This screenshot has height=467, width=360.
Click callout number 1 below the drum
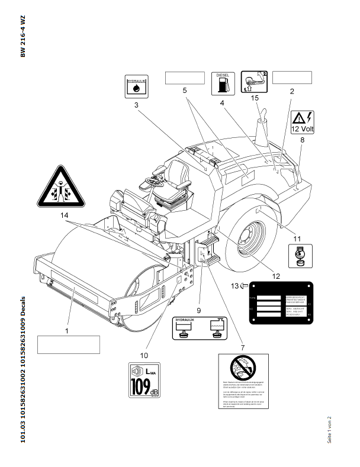67,331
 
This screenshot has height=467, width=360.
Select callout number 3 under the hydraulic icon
136,105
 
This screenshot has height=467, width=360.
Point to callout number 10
143,355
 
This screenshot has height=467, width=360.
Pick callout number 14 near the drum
64,217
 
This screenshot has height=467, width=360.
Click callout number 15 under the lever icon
255,98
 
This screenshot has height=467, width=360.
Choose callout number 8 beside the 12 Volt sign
303,140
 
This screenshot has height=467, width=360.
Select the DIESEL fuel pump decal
223,83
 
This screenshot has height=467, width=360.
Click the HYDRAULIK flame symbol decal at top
136,86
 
